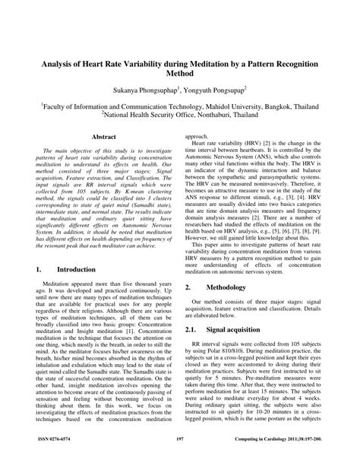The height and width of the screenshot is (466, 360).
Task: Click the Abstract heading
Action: click(x=103, y=137)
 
